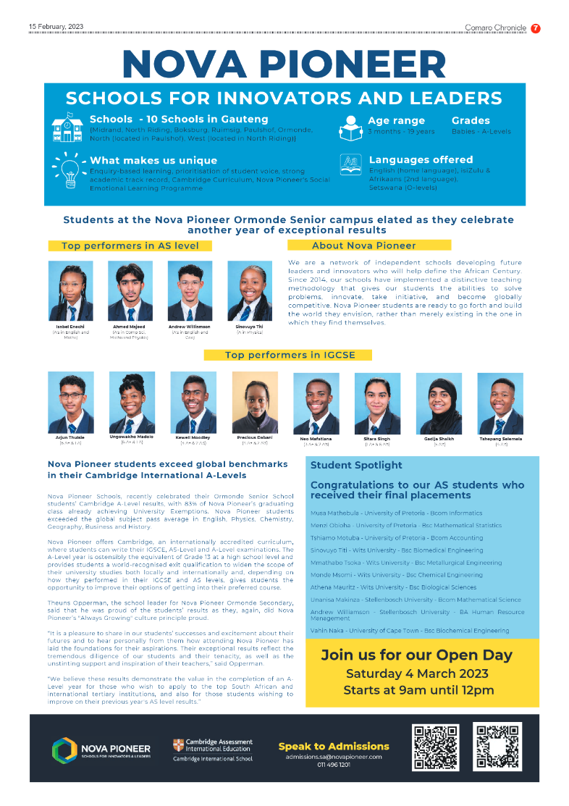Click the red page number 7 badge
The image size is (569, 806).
[x=536, y=28]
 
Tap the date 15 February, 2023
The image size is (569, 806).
[x=56, y=27]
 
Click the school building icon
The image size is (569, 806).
[x=67, y=127]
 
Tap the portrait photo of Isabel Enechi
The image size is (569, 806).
[x=70, y=290]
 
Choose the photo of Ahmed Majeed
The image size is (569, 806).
[x=130, y=290]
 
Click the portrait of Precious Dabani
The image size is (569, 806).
[x=255, y=403]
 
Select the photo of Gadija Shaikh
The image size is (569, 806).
[x=439, y=403]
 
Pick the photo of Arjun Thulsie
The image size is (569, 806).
[x=70, y=403]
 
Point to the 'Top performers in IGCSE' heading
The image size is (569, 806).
[x=288, y=355]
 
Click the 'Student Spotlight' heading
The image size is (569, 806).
[x=356, y=466]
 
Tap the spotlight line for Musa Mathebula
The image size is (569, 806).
[x=397, y=513]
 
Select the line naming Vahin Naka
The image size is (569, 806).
[x=410, y=631]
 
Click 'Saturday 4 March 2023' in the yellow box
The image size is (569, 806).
[x=416, y=673]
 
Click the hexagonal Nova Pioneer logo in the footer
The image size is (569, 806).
[x=64, y=750]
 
